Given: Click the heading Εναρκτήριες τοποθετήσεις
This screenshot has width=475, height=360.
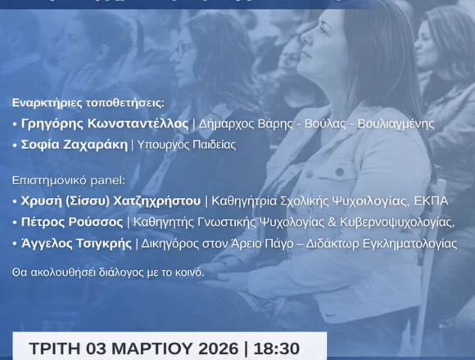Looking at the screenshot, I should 88,103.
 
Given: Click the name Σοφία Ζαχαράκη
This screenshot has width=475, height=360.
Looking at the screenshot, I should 72,145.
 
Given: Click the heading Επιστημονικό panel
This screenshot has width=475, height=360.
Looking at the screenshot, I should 69,179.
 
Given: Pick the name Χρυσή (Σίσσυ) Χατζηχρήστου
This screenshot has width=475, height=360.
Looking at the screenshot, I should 110,200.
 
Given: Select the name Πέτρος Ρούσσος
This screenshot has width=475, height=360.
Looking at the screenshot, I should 70,222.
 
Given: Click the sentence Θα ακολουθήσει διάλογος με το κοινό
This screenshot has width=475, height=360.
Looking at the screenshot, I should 108,271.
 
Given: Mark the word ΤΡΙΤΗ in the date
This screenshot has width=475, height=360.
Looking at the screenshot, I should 54,348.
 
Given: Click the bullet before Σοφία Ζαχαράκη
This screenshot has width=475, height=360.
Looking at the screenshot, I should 15,146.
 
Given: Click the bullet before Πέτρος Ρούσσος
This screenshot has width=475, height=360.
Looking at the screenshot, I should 15,222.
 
